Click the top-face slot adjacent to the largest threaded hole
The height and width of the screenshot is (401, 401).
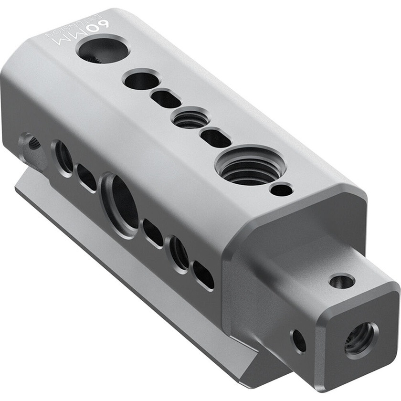(216, 138)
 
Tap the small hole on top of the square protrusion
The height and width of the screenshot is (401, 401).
(342, 281)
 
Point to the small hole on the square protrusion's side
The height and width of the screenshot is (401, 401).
(299, 341)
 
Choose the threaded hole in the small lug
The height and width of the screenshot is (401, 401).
(32, 142)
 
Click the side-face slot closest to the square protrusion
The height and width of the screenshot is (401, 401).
(203, 275)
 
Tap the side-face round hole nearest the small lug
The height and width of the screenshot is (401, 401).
(63, 157)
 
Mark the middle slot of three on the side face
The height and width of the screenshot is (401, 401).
(153, 233)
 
